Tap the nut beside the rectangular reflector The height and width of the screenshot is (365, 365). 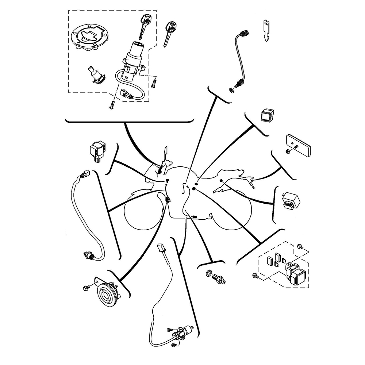[x=288, y=151]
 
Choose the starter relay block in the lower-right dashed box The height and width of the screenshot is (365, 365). [x=296, y=273]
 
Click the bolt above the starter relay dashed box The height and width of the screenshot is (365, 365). [x=301, y=247]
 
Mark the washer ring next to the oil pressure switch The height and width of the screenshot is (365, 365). [x=208, y=274]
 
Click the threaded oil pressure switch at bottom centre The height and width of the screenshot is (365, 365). [x=220, y=279]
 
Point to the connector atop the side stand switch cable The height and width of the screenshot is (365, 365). [x=161, y=247]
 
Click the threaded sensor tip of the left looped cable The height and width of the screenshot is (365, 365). [x=89, y=254]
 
